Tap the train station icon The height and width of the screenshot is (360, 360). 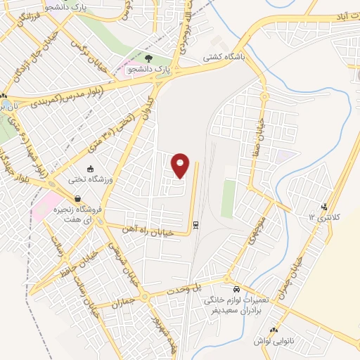(195, 226)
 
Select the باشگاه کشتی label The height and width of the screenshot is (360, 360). (224, 58)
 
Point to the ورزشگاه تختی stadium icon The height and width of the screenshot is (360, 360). (90, 168)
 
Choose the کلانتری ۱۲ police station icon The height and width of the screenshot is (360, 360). (324, 206)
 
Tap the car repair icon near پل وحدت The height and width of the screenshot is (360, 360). (236, 289)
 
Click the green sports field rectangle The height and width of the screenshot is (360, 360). (229, 199)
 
